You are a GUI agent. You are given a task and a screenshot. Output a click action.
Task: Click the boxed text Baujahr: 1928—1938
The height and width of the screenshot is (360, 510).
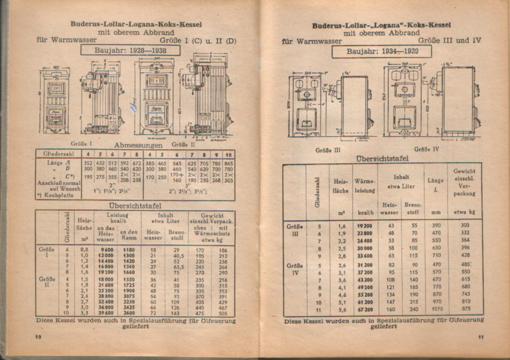coord(130,50)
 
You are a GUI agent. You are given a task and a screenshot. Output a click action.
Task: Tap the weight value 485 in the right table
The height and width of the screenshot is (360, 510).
coord(466,264)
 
